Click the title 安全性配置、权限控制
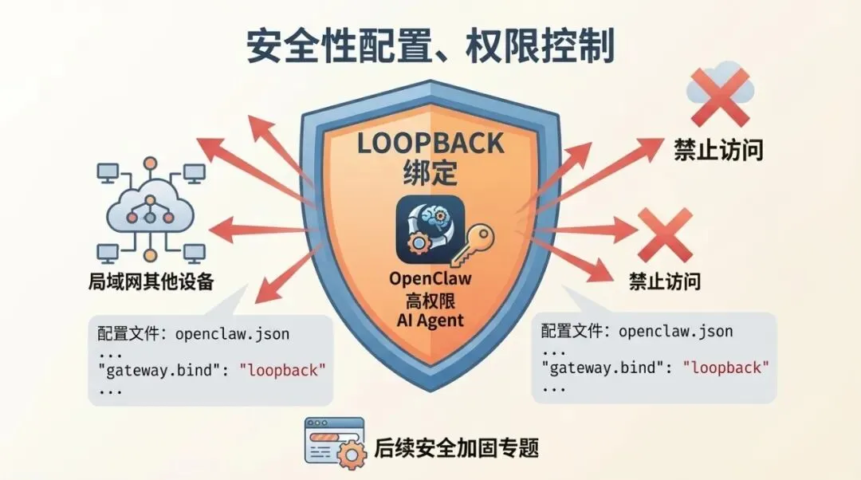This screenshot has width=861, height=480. (431, 46)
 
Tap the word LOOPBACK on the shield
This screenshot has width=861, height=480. (431, 144)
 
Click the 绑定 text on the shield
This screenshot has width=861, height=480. (431, 172)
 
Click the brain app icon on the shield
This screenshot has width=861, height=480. (429, 229)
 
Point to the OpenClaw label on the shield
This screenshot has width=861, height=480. (431, 280)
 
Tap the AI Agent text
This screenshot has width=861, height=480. (431, 321)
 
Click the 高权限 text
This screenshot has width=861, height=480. (431, 301)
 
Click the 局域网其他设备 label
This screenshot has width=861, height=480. (151, 282)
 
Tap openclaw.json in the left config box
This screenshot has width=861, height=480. (232, 333)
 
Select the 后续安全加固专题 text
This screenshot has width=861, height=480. (457, 447)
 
